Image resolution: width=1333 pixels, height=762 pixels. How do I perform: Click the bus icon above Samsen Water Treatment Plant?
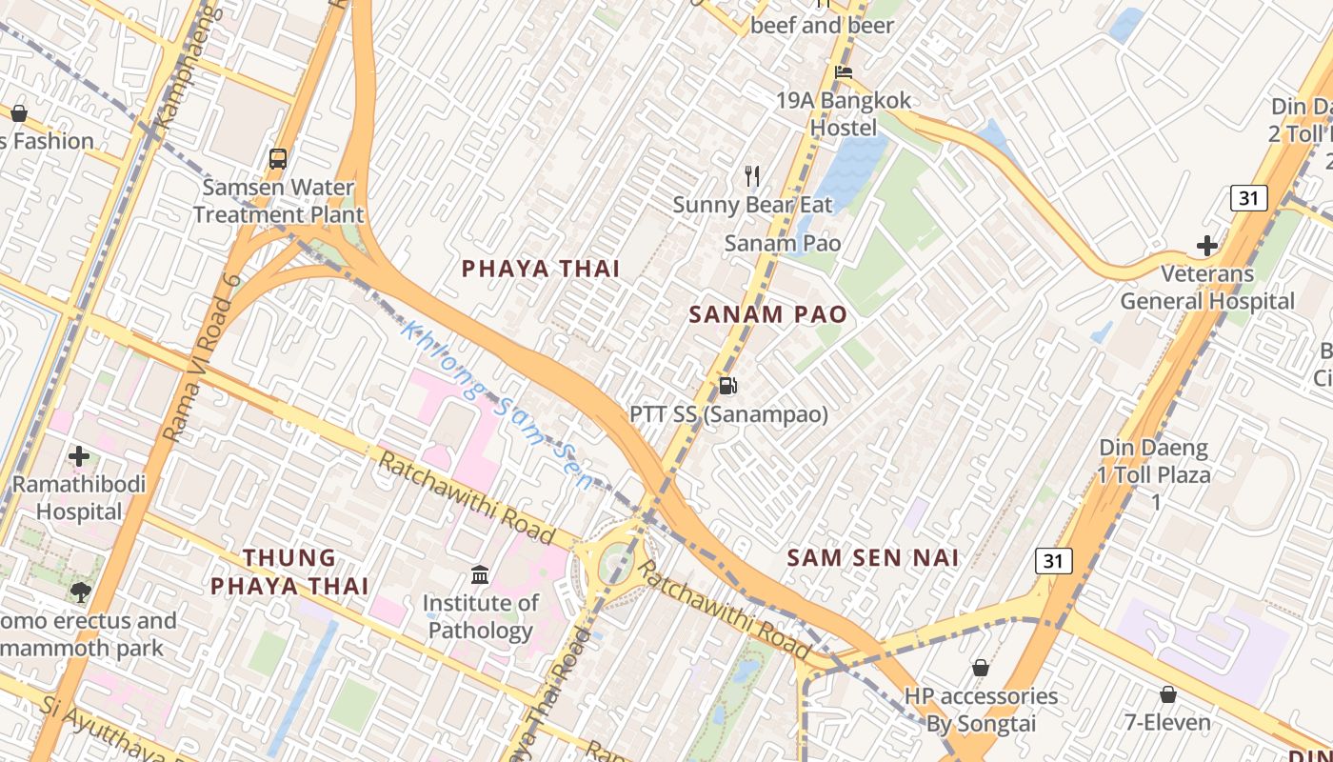(278, 159)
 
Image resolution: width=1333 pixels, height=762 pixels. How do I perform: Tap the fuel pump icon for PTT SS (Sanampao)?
(728, 386)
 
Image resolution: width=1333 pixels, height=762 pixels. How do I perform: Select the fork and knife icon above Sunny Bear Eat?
(752, 175)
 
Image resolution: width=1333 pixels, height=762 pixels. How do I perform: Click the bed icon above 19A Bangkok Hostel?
(843, 72)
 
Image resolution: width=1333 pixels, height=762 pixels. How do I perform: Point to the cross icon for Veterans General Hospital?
(1207, 246)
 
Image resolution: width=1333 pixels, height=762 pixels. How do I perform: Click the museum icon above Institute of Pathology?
(481, 574)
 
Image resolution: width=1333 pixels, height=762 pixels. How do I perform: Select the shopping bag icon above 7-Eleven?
(1167, 694)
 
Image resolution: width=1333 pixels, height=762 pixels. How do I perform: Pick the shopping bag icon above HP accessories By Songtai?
(981, 668)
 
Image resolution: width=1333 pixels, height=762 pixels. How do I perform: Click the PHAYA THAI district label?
(541, 269)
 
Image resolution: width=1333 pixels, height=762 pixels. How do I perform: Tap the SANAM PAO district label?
(767, 314)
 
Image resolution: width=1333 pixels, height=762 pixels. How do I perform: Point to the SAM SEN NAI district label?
(873, 557)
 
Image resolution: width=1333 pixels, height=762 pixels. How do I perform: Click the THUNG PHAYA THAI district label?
(289, 571)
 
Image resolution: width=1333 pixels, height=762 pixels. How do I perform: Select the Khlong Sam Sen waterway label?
(497, 406)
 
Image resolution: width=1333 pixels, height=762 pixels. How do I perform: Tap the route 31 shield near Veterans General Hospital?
(1247, 198)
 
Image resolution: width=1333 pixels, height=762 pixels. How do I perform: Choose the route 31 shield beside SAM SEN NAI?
(1053, 561)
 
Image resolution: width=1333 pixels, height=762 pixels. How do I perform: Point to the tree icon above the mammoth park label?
(81, 592)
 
